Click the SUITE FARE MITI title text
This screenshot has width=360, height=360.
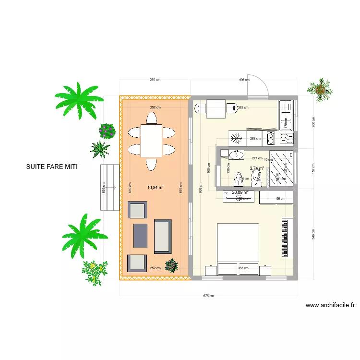[x=52, y=168]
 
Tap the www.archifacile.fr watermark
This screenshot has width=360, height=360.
[x=330, y=305]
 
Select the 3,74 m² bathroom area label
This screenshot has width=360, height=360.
[x=257, y=168]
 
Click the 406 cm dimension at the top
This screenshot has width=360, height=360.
[x=244, y=80]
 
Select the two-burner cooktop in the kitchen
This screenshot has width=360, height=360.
[x=271, y=138]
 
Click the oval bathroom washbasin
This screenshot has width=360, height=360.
[x=236, y=155]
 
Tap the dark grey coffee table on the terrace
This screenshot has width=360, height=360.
[x=140, y=235]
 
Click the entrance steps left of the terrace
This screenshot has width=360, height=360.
[x=109, y=187]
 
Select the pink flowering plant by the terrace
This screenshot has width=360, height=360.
[x=107, y=130]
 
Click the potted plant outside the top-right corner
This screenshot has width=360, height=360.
[x=320, y=89]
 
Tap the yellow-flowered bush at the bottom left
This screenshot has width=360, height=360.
[x=94, y=271]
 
